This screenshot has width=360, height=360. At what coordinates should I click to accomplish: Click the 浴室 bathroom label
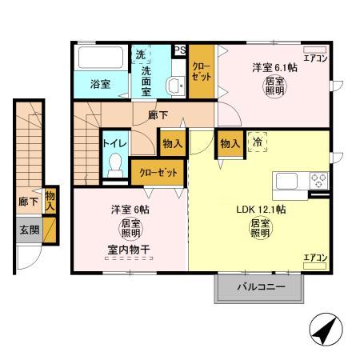100,84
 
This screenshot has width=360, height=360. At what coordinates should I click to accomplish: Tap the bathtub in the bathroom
100,58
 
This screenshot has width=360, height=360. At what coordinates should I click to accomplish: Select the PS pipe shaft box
179,49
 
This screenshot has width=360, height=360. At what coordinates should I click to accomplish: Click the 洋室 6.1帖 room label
275,67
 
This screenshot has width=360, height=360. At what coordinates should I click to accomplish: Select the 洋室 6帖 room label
130,210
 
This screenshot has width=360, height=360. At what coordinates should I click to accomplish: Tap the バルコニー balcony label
261,288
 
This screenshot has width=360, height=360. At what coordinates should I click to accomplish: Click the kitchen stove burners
318,179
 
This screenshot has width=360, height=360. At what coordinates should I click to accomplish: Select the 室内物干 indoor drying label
129,249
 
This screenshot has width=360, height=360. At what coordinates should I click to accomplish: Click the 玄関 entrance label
29,230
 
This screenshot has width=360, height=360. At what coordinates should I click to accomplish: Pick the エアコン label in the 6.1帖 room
318,58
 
